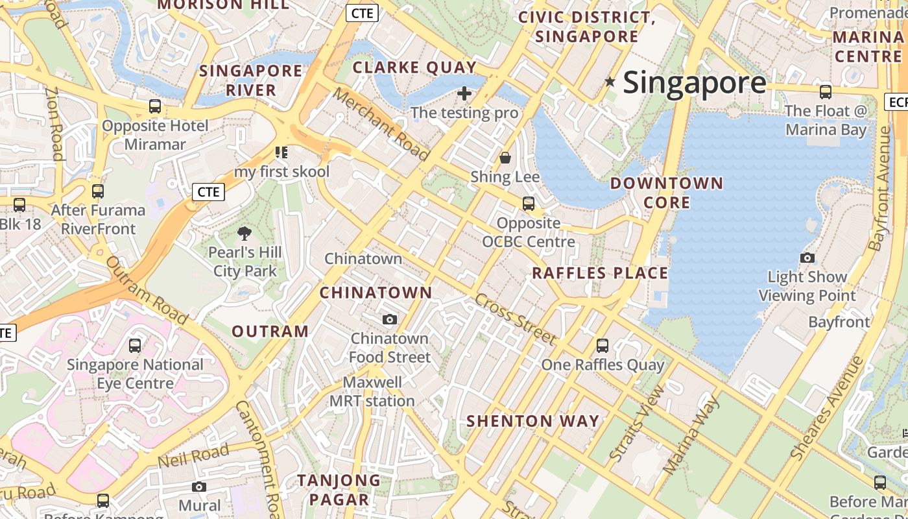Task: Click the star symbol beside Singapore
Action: (x=610, y=82)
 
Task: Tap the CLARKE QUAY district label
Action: (x=414, y=67)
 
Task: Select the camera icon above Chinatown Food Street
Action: (x=390, y=319)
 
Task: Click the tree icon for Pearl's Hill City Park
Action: (x=245, y=234)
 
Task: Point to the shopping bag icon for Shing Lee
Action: (x=505, y=158)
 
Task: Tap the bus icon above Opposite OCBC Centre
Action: (x=529, y=204)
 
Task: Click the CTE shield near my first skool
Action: (x=208, y=192)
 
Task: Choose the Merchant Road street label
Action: (x=381, y=123)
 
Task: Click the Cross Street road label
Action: (x=516, y=319)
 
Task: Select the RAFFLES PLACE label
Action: (x=600, y=273)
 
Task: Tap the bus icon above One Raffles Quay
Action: (x=603, y=346)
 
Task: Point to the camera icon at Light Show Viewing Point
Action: (x=807, y=258)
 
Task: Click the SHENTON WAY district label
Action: (x=533, y=421)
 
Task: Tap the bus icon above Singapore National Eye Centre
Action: (x=135, y=346)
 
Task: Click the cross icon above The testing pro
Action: (x=464, y=94)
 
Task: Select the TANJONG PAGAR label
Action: (x=339, y=490)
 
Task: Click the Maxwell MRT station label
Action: (x=372, y=392)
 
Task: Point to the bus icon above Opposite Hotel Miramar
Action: (x=155, y=106)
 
